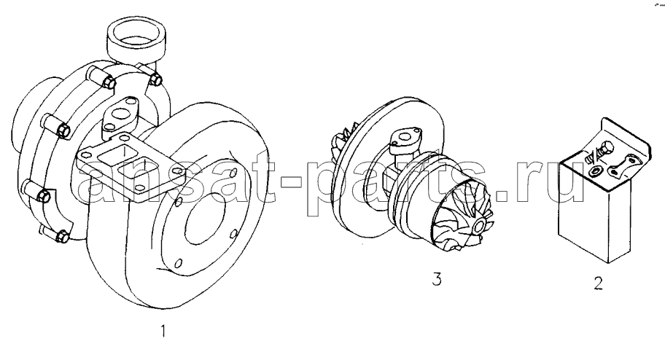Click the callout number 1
tap(165, 332)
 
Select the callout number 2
tap(599, 283)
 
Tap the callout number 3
tap(437, 279)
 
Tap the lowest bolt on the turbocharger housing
tap(63, 236)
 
